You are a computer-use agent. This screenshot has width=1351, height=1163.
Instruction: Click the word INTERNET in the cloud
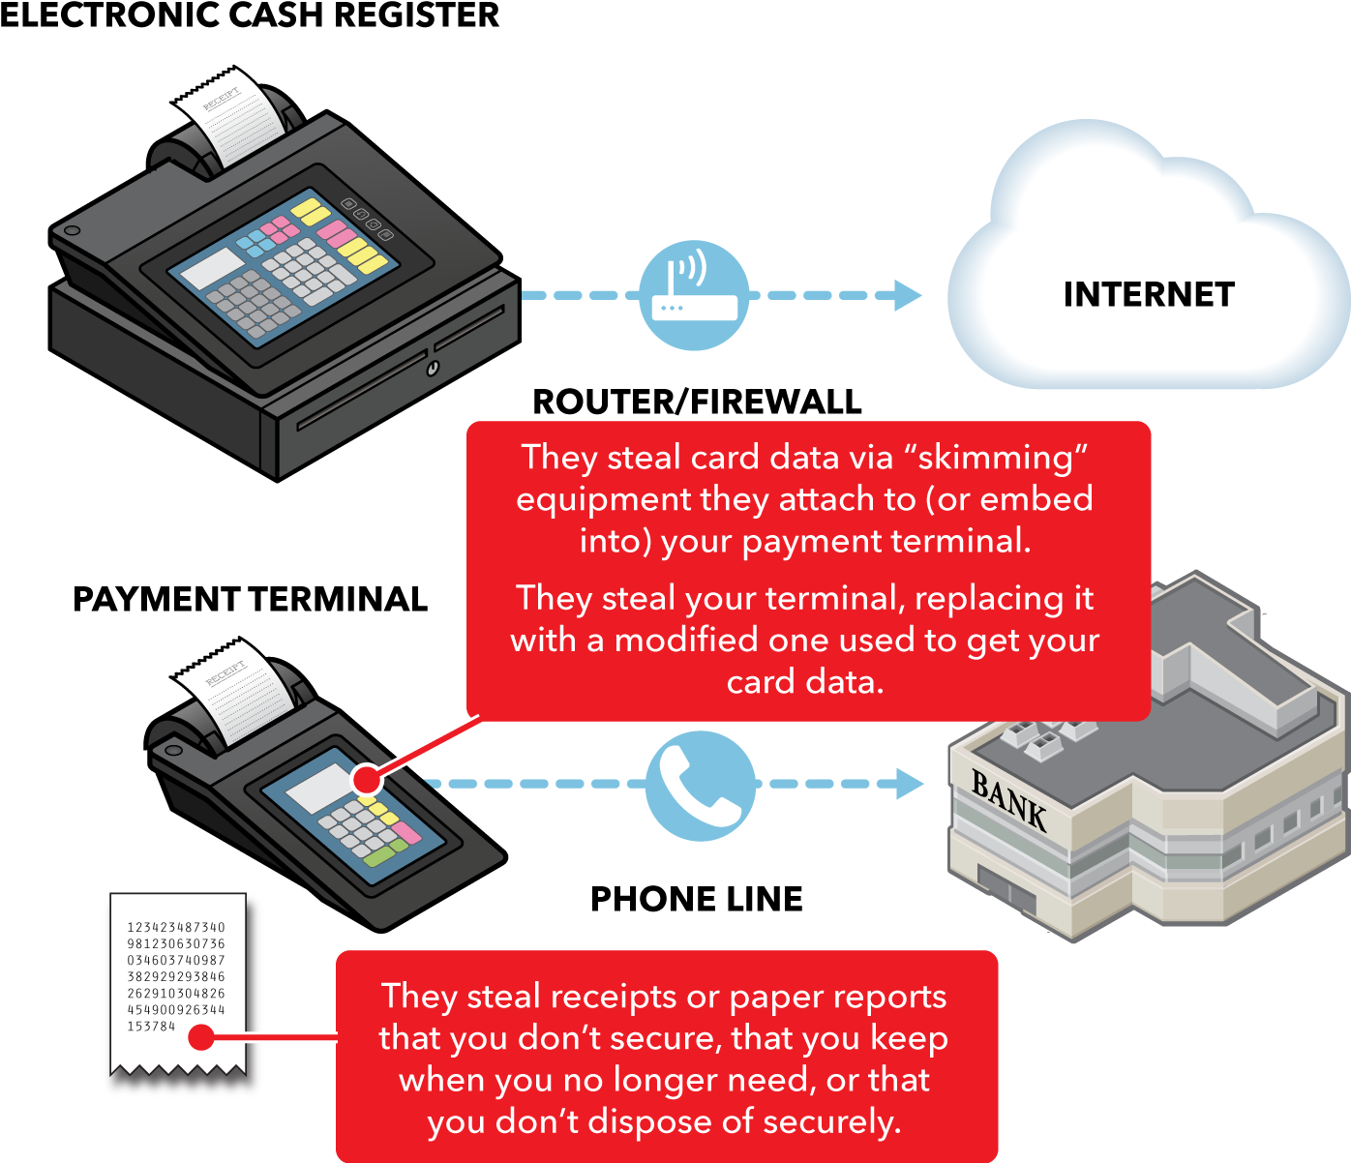coord(1149,294)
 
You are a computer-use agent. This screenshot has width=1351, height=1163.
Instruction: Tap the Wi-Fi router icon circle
coord(694,294)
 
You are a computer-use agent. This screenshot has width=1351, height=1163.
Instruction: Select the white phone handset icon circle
coord(700,785)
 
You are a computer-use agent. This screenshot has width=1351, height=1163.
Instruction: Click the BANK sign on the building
coord(1009,799)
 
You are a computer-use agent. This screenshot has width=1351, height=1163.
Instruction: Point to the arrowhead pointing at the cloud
coord(907,295)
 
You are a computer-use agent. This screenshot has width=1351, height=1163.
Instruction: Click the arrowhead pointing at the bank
coord(910,784)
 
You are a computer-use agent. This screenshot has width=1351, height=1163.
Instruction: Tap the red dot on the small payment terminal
coord(367,779)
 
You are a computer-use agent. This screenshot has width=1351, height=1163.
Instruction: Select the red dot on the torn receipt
coord(201,1038)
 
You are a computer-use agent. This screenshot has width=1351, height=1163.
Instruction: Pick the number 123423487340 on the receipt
coord(176,927)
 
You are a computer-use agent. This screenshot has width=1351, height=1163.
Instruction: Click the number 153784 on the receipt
coord(152,1026)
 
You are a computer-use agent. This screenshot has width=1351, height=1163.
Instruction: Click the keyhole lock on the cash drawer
coord(433,368)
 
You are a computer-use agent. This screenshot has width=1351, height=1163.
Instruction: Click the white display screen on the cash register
coord(213,268)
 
